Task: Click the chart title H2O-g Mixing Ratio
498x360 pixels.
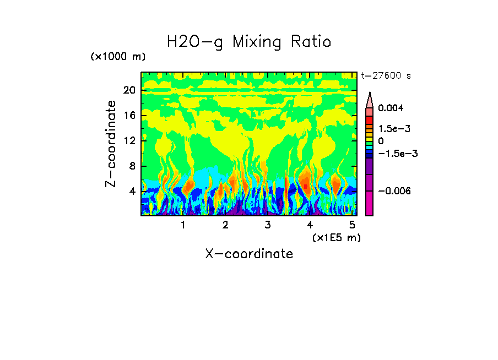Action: [249, 42]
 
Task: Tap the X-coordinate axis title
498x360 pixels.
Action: [249, 254]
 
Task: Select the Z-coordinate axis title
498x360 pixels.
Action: [111, 144]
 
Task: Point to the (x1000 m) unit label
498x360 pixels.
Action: [118, 57]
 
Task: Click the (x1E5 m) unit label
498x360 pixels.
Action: [336, 237]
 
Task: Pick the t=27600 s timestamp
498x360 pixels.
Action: [386, 76]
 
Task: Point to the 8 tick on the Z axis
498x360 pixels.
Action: [132, 166]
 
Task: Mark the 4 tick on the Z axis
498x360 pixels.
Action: [132, 191]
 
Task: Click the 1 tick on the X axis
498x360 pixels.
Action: [183, 225]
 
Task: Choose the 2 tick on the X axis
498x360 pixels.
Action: [225, 225]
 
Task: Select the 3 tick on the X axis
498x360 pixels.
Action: [267, 225]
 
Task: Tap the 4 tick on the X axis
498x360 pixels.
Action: [310, 225]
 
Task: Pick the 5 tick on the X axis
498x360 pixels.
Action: [352, 225]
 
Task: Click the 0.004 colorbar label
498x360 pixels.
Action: [390, 108]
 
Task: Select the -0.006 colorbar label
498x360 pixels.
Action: [394, 190]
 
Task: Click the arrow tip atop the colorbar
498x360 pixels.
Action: [370, 94]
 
